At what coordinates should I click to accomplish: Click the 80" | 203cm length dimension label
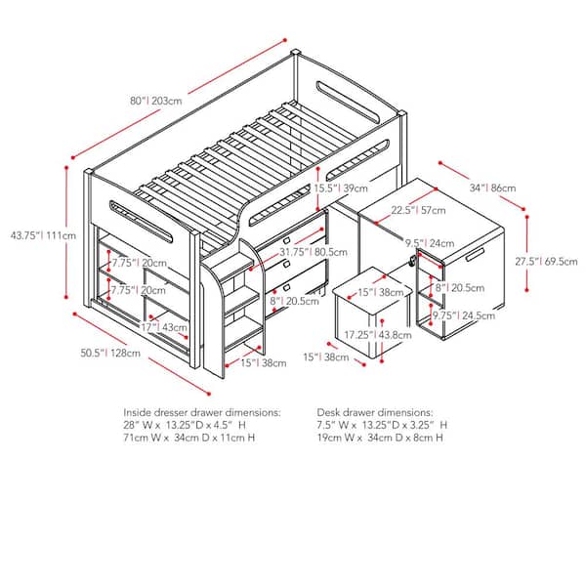[157, 101]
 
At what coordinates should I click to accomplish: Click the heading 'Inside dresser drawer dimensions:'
[201, 413]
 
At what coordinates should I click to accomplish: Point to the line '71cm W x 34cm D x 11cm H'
[191, 439]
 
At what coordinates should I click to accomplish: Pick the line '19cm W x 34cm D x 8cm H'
[379, 439]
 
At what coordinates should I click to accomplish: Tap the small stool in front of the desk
[369, 317]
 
